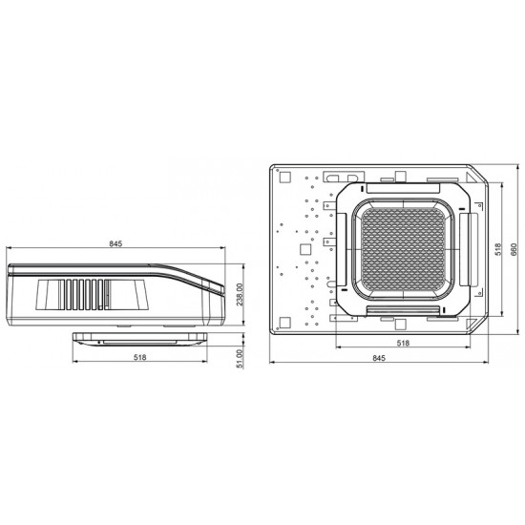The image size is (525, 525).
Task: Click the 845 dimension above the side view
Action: (115, 243)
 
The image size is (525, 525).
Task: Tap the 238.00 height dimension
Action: (239, 295)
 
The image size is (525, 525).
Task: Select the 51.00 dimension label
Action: (240, 359)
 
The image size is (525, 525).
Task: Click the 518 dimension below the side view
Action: (140, 357)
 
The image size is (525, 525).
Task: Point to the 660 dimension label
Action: (514, 250)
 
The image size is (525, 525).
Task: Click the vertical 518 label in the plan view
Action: (498, 249)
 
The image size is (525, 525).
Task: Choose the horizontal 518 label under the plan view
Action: (403, 343)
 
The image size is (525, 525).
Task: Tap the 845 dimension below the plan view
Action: (379, 358)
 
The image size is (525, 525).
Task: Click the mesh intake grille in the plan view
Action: (403, 249)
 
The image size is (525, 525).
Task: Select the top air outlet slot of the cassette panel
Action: (403, 188)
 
